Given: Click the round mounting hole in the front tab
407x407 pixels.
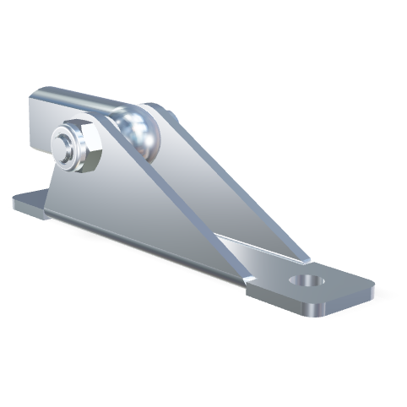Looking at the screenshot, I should [x=308, y=281].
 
